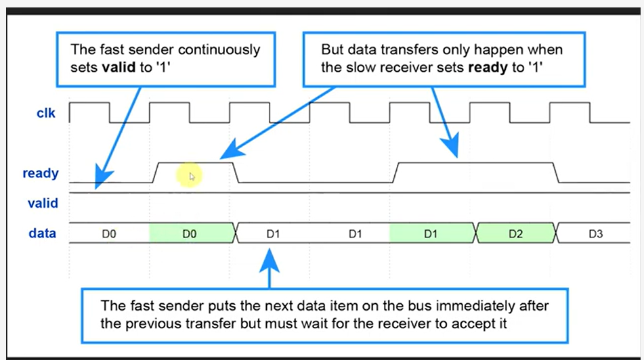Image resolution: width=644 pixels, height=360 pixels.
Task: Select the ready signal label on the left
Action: point(41,173)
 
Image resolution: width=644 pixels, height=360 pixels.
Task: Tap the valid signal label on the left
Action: point(43,203)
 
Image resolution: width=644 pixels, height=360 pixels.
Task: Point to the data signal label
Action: point(42,233)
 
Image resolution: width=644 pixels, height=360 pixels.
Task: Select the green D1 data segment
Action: point(431,234)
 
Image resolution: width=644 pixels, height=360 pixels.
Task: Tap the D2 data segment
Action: point(515,234)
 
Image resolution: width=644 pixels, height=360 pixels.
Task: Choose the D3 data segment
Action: point(596,234)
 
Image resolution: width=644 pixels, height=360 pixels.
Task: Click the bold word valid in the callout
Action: point(116,68)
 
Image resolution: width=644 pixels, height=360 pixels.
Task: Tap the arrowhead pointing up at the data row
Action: point(270,256)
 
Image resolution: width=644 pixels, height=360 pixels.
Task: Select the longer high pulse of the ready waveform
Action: point(477,163)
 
